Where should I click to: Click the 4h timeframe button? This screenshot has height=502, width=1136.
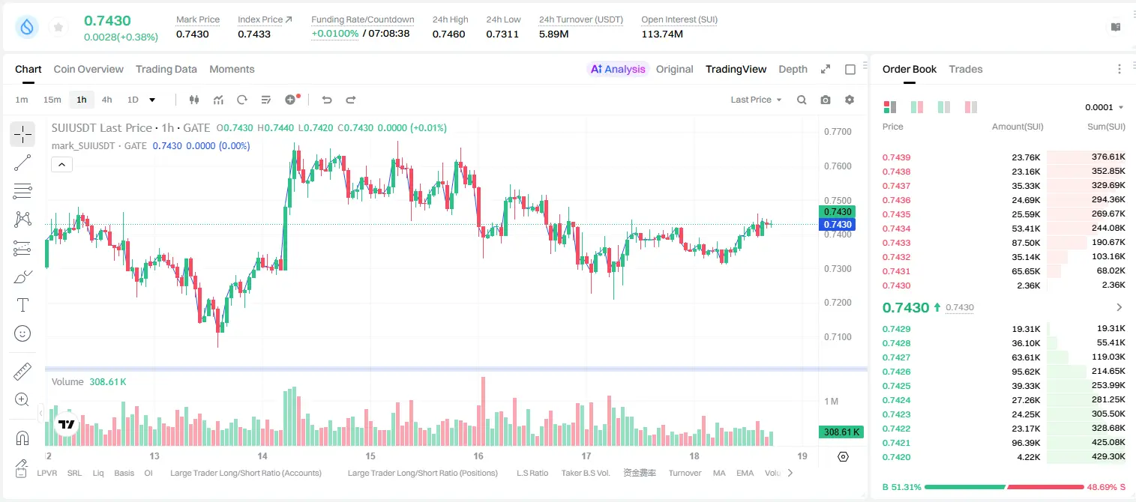click(x=106, y=100)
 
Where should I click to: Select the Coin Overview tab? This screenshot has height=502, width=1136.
click(x=88, y=69)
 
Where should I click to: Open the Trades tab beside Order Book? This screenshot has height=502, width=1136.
click(x=965, y=69)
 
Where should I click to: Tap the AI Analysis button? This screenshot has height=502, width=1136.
click(x=618, y=69)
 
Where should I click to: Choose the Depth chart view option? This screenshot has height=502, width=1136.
click(x=793, y=69)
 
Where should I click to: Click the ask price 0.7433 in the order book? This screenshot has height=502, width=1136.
click(x=896, y=243)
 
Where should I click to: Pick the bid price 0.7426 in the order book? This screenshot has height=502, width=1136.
click(x=896, y=372)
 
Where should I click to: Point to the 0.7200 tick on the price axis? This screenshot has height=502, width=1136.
click(x=838, y=303)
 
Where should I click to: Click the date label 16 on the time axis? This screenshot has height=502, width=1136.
click(x=478, y=456)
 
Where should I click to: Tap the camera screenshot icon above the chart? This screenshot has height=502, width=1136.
click(x=826, y=100)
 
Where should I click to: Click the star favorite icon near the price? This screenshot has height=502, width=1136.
click(x=58, y=27)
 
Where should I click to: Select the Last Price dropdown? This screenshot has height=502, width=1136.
click(x=756, y=100)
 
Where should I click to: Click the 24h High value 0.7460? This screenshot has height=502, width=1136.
click(x=448, y=34)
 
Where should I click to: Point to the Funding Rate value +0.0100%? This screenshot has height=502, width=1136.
click(x=334, y=34)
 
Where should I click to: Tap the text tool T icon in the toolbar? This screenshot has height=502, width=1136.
click(x=22, y=305)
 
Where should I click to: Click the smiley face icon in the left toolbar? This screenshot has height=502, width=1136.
click(x=22, y=333)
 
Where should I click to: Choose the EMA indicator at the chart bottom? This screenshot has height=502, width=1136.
click(x=745, y=473)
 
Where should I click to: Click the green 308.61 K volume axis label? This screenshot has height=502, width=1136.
click(x=841, y=432)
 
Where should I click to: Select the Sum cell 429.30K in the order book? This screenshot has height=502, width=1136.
click(x=1108, y=456)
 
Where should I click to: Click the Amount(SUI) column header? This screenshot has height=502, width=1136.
click(x=1018, y=127)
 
